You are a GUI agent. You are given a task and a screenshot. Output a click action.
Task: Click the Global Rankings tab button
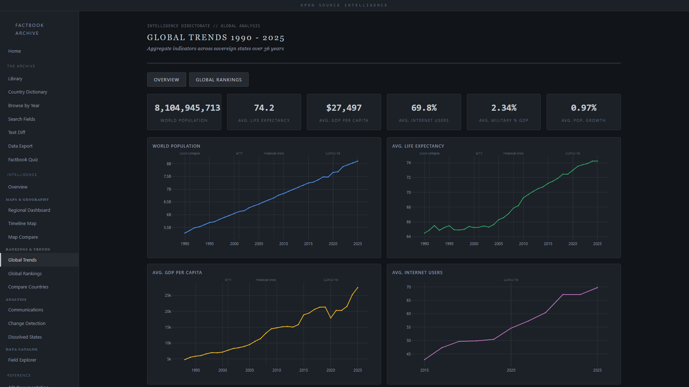coord(219,80)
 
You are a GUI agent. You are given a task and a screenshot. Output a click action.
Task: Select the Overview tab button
coord(167,80)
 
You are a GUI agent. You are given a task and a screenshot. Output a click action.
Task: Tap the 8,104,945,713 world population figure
coord(187,108)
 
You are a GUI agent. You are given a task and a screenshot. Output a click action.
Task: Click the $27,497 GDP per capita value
coord(344,108)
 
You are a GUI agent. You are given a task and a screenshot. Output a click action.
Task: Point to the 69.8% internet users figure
coord(424,108)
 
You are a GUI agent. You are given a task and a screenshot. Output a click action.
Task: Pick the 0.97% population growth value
coord(583,108)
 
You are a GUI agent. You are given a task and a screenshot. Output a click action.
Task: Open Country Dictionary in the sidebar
coord(28,92)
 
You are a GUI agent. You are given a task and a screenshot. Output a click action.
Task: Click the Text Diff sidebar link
coord(17,133)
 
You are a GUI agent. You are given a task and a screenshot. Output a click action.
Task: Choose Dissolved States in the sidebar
coord(25,337)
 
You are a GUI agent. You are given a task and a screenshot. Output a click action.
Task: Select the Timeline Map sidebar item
coord(22,224)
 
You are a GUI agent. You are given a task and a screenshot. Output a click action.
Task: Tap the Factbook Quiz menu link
coord(23,160)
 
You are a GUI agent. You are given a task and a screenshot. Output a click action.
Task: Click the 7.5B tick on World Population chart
coord(167,177)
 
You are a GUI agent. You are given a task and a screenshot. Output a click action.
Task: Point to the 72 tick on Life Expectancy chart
coord(408,178)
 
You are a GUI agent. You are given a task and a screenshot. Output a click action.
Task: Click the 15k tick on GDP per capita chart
coord(168,328)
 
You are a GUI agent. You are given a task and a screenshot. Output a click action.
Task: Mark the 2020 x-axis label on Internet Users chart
coord(511,370)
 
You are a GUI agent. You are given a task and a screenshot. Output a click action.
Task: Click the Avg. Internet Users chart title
coord(417,273)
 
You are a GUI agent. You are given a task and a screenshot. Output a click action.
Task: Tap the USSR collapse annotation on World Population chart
coord(189,153)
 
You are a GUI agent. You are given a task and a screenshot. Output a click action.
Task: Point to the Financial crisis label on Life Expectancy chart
coord(513,153)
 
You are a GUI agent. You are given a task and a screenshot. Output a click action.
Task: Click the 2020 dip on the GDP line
coord(331,318)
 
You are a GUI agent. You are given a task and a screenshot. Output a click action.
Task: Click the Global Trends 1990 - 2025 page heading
coord(216,38)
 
